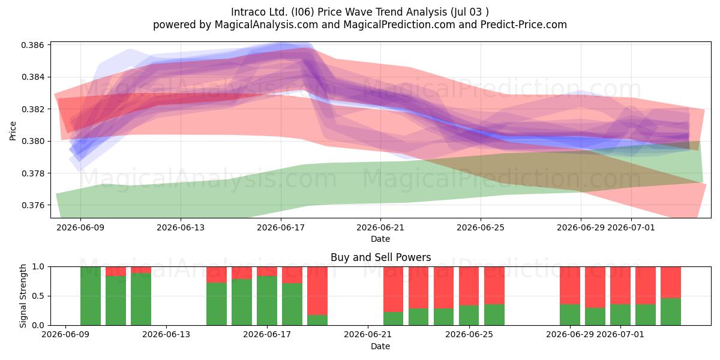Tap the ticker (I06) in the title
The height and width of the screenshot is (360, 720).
(x=303, y=12)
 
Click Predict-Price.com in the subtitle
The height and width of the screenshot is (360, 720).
(x=524, y=25)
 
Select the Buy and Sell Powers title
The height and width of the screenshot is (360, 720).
(x=380, y=257)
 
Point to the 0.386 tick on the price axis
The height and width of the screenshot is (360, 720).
(x=32, y=45)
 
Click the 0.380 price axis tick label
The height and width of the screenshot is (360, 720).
(x=32, y=142)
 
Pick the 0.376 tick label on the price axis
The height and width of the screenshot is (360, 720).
(x=32, y=205)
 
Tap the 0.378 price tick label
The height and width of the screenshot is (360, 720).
(x=32, y=173)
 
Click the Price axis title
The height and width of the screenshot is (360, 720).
(x=13, y=131)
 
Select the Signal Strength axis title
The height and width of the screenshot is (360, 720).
(x=23, y=296)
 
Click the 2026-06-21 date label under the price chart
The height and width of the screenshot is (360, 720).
(x=380, y=227)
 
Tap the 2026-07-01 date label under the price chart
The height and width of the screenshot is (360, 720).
(x=631, y=227)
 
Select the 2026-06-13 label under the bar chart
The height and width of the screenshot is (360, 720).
(x=166, y=335)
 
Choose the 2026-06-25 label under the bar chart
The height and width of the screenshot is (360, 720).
(x=469, y=335)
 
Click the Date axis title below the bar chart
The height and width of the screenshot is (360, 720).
(x=380, y=347)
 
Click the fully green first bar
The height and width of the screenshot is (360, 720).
(x=91, y=296)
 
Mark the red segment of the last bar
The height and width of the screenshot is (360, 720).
(x=671, y=283)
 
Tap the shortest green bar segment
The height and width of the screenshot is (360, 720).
(x=317, y=320)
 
